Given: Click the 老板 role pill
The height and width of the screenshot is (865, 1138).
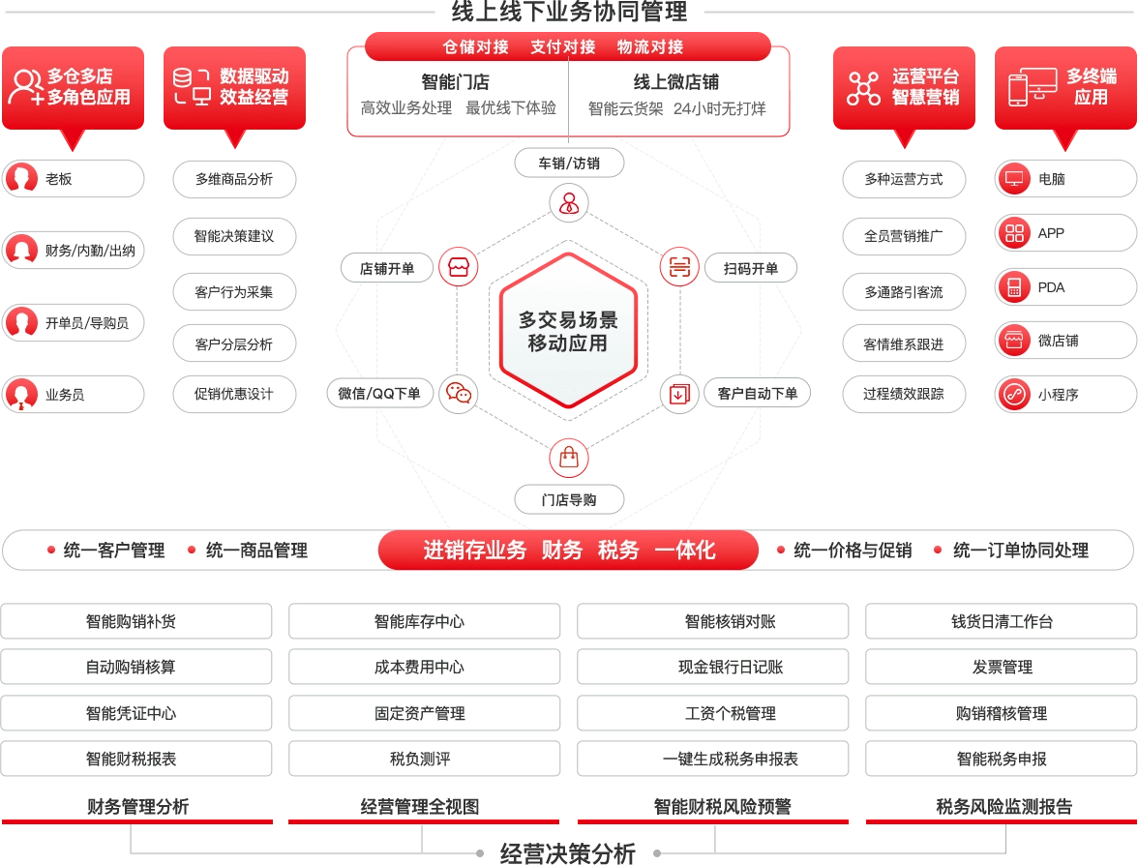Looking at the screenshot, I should (73, 179).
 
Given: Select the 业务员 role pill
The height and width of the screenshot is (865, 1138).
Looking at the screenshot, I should (73, 395).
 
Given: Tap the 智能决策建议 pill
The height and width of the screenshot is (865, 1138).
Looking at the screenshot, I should (233, 236).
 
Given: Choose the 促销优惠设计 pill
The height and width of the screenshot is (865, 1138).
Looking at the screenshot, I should (233, 394).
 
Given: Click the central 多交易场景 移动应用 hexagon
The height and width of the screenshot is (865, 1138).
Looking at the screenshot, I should (568, 331).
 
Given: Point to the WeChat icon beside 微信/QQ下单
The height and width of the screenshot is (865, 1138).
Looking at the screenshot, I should (458, 393).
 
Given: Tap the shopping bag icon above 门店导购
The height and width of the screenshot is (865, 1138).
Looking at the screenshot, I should (568, 456).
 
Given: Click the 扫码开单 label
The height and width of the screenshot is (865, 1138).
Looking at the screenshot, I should (751, 268).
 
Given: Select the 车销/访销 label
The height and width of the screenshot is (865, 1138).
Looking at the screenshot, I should (569, 164).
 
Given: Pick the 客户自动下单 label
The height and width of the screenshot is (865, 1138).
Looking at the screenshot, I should (757, 393).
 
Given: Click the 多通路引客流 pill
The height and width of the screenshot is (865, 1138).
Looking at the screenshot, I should (904, 291).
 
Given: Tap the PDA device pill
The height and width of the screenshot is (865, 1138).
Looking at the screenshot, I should (1064, 287).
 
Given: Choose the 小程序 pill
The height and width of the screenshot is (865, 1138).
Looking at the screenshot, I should (1064, 395).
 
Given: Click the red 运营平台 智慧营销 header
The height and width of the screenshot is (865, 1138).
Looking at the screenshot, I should (904, 86).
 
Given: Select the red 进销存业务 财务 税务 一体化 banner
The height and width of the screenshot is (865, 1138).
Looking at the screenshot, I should (568, 550).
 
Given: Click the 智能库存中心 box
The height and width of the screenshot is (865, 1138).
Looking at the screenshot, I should (424, 621).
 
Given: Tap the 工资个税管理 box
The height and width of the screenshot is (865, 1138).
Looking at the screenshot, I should (712, 713).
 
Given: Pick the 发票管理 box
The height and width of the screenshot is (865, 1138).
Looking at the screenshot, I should (1001, 668).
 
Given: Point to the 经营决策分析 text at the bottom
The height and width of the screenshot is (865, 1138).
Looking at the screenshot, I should (568, 853).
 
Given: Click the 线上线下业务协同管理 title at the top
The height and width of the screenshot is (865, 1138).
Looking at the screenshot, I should (569, 12).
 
